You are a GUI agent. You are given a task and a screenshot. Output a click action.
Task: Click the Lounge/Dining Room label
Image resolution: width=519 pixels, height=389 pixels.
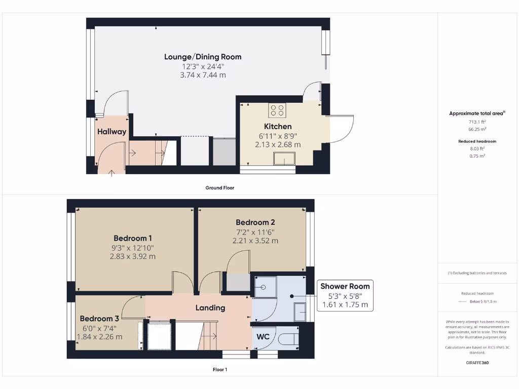point(203,57)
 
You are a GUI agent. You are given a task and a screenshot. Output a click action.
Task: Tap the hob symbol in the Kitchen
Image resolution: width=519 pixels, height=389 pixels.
point(277,110)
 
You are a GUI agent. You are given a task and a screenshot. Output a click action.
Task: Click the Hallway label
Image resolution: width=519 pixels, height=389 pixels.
point(112,132)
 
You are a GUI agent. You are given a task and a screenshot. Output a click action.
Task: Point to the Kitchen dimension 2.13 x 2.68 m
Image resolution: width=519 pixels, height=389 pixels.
point(278,144)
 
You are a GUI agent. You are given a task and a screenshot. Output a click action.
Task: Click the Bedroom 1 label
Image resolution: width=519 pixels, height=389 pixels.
point(133,238)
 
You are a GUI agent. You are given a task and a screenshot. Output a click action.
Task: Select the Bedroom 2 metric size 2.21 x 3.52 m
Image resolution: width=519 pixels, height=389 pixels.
point(255,241)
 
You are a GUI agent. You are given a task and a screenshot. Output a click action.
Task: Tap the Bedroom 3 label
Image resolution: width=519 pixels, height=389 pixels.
point(99,319)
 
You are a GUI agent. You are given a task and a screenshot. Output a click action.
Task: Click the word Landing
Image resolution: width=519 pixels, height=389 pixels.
point(210,307)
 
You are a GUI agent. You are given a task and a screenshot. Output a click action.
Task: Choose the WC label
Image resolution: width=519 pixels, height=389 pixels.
point(263,336)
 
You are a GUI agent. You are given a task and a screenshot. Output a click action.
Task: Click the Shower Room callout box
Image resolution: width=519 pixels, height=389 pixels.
point(345,295)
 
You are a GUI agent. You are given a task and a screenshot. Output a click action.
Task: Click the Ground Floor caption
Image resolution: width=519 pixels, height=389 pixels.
point(219,187)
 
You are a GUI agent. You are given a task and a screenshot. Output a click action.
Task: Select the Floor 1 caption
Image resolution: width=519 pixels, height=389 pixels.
point(219,369)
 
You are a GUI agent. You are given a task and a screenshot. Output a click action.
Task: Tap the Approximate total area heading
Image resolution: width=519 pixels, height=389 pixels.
point(476,113)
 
